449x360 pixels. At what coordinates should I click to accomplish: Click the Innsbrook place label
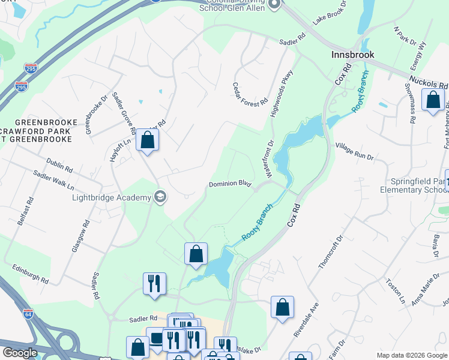pyautogui.click(x=352, y=55)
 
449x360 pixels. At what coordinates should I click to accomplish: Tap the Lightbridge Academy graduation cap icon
pyautogui.click(x=160, y=197)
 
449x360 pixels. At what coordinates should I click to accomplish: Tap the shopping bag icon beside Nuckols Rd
pyautogui.click(x=433, y=100)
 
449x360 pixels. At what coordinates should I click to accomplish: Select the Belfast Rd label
pyautogui.click(x=26, y=214)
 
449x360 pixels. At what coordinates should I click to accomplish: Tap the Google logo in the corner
pyautogui.click(x=19, y=352)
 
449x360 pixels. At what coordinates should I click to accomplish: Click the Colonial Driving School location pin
pyautogui.click(x=274, y=5)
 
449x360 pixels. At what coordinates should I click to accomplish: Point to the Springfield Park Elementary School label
pyautogui.click(x=414, y=185)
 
